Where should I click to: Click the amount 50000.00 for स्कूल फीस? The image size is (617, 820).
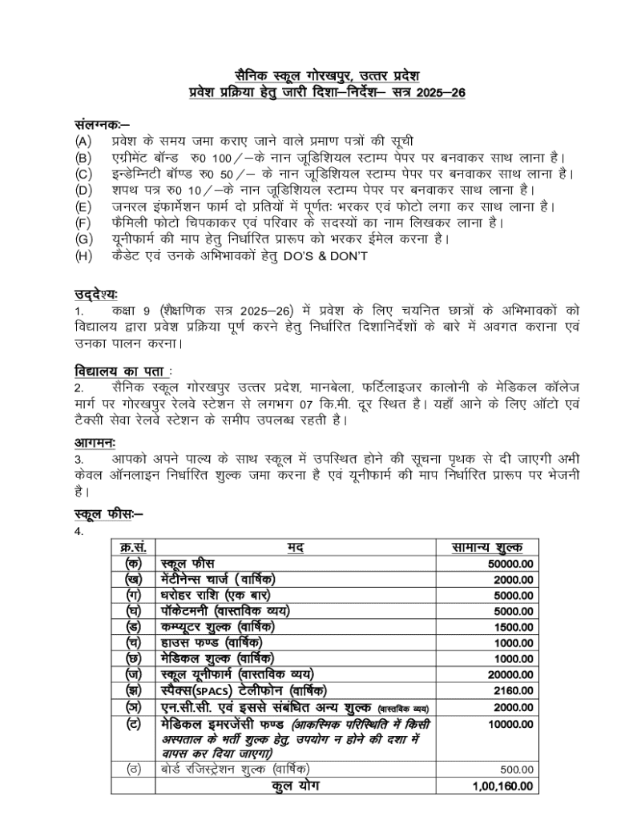pos(510,565)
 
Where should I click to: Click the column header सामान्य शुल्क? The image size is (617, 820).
pos(488,548)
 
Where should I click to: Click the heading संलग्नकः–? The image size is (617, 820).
pos(97,127)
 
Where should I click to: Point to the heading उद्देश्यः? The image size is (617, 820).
pos(95,295)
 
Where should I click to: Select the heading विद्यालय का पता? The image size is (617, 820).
pos(119,372)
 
